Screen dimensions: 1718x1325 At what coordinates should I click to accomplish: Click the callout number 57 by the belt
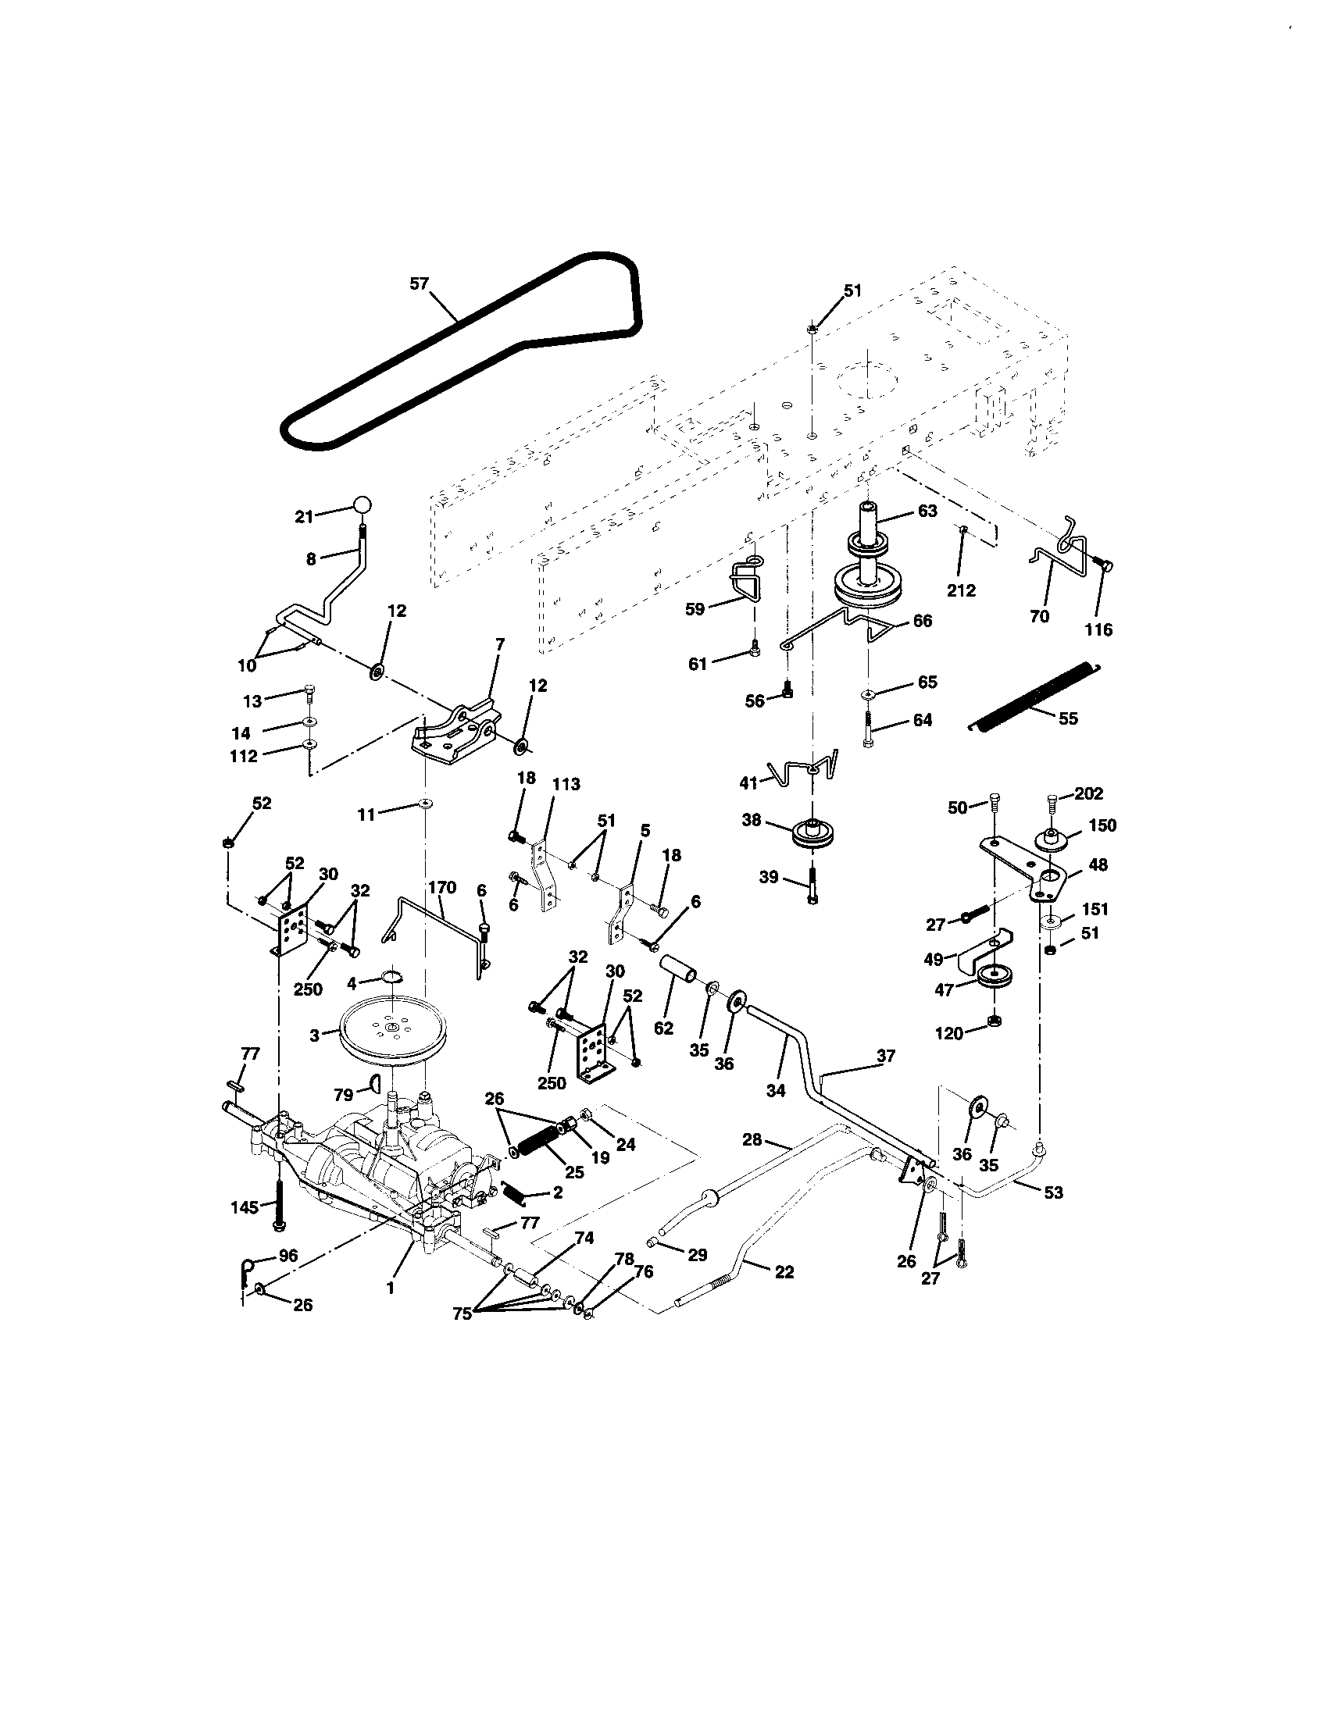pos(419,283)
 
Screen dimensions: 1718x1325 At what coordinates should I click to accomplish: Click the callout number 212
pos(962,590)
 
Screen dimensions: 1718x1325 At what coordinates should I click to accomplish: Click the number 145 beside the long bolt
pos(244,1207)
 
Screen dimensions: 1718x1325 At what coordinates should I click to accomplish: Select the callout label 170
pos(441,887)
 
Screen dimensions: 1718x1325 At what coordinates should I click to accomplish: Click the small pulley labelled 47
pos(995,976)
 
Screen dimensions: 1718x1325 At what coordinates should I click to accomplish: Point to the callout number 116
pos(1098,629)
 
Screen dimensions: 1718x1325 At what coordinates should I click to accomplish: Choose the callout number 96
pos(288,1256)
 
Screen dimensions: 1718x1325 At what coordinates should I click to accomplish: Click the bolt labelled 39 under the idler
pos(813,887)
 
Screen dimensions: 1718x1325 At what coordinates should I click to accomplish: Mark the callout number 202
pos(1088,793)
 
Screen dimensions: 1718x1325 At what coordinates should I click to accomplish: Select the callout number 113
pos(566,783)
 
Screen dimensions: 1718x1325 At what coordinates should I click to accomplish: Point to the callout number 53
pos(1053,1192)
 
